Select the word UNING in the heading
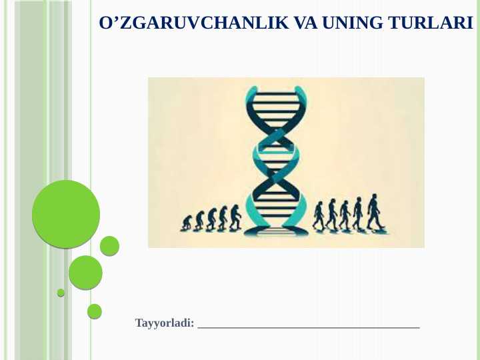click(x=351, y=23)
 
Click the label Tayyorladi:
click(x=165, y=323)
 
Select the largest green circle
click(x=66, y=214)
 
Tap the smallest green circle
click(x=61, y=293)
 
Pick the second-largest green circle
click(x=85, y=273)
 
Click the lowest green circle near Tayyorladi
click(x=95, y=311)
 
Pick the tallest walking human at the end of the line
click(x=375, y=212)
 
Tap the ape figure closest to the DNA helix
click(x=235, y=218)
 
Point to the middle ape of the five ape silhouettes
click(x=211, y=219)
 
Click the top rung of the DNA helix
click(x=276, y=95)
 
